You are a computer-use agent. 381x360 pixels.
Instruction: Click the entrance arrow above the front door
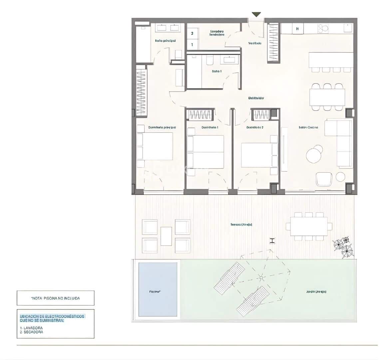point(256,14)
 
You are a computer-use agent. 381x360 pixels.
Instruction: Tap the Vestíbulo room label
point(255,43)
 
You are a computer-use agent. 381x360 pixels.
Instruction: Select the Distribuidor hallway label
point(256,98)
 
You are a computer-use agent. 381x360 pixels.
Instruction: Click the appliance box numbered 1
point(192,44)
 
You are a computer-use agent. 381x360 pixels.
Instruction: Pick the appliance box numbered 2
point(192,33)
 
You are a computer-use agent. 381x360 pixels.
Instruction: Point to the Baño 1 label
point(216,71)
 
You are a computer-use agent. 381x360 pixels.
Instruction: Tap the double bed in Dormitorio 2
point(259,155)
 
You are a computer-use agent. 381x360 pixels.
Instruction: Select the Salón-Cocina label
point(308,127)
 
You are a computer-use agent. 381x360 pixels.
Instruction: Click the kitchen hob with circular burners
point(323,29)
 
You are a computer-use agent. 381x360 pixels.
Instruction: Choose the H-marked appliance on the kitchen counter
point(297,29)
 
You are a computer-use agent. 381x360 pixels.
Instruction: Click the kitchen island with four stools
point(331,60)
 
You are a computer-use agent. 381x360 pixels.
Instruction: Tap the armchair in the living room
point(324,179)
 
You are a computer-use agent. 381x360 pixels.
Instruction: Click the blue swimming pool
point(158,289)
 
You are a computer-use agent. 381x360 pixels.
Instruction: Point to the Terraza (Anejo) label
point(241,224)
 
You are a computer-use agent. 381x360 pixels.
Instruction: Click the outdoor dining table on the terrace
point(308,226)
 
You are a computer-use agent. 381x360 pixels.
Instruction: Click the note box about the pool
point(55,298)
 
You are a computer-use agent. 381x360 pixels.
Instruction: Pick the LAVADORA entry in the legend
point(31,328)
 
